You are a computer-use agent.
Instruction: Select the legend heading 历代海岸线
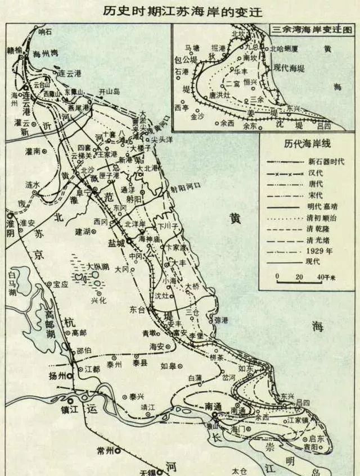click(309, 144)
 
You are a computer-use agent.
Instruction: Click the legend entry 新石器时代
click(327, 161)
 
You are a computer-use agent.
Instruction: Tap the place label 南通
click(215, 405)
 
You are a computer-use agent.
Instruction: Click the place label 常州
click(105, 450)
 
